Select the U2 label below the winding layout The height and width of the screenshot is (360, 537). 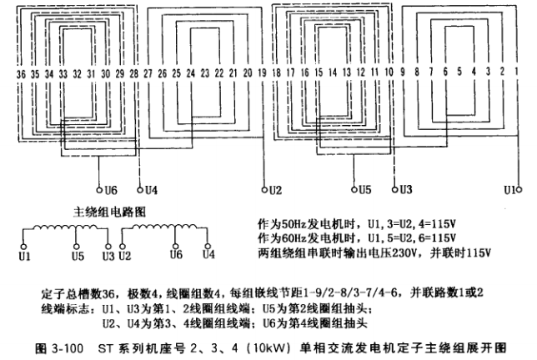coord(276,190)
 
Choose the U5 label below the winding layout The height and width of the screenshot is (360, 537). coord(364,190)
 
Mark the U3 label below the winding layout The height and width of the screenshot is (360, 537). coord(404,190)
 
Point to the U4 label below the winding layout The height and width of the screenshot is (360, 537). coord(150,190)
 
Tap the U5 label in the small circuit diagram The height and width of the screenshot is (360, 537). coord(78,256)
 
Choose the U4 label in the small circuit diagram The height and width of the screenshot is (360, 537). coord(208,256)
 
